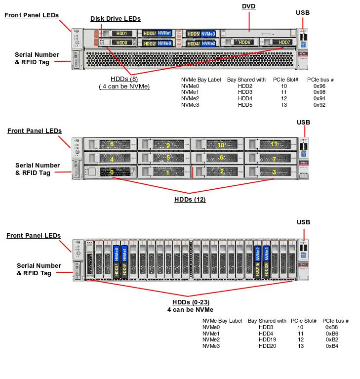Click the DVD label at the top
248,6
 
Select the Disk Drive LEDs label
115,19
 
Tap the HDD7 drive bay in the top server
284,43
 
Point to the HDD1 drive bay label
121,34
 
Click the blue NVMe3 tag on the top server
208,34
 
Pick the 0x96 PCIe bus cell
319,85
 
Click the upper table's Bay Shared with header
246,79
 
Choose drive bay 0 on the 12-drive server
112,172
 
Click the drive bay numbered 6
221,158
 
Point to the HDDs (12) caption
190,200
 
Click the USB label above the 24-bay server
303,222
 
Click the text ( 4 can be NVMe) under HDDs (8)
124,86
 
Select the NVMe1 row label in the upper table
190,92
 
